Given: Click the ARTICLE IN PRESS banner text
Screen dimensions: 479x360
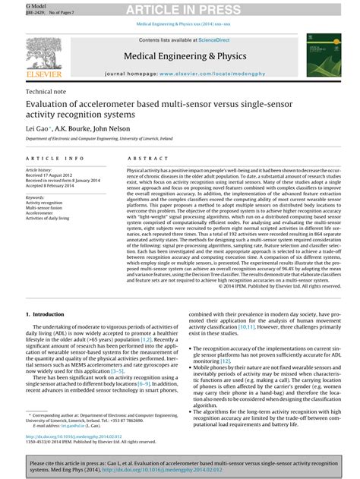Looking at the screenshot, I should coord(179,9).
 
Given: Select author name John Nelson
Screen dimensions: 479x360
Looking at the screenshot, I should coord(117,128).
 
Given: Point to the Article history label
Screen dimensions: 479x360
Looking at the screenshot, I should coord(39,170).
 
